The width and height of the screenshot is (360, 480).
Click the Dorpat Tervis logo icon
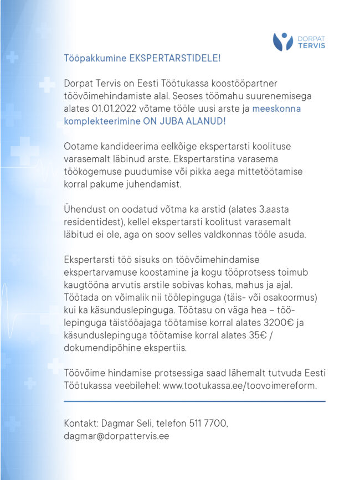[x=282, y=42]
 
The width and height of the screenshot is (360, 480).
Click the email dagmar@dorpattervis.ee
[x=116, y=436]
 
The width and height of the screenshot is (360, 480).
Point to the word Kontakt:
[x=81, y=423]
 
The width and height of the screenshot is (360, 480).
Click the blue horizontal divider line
[x=194, y=401]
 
